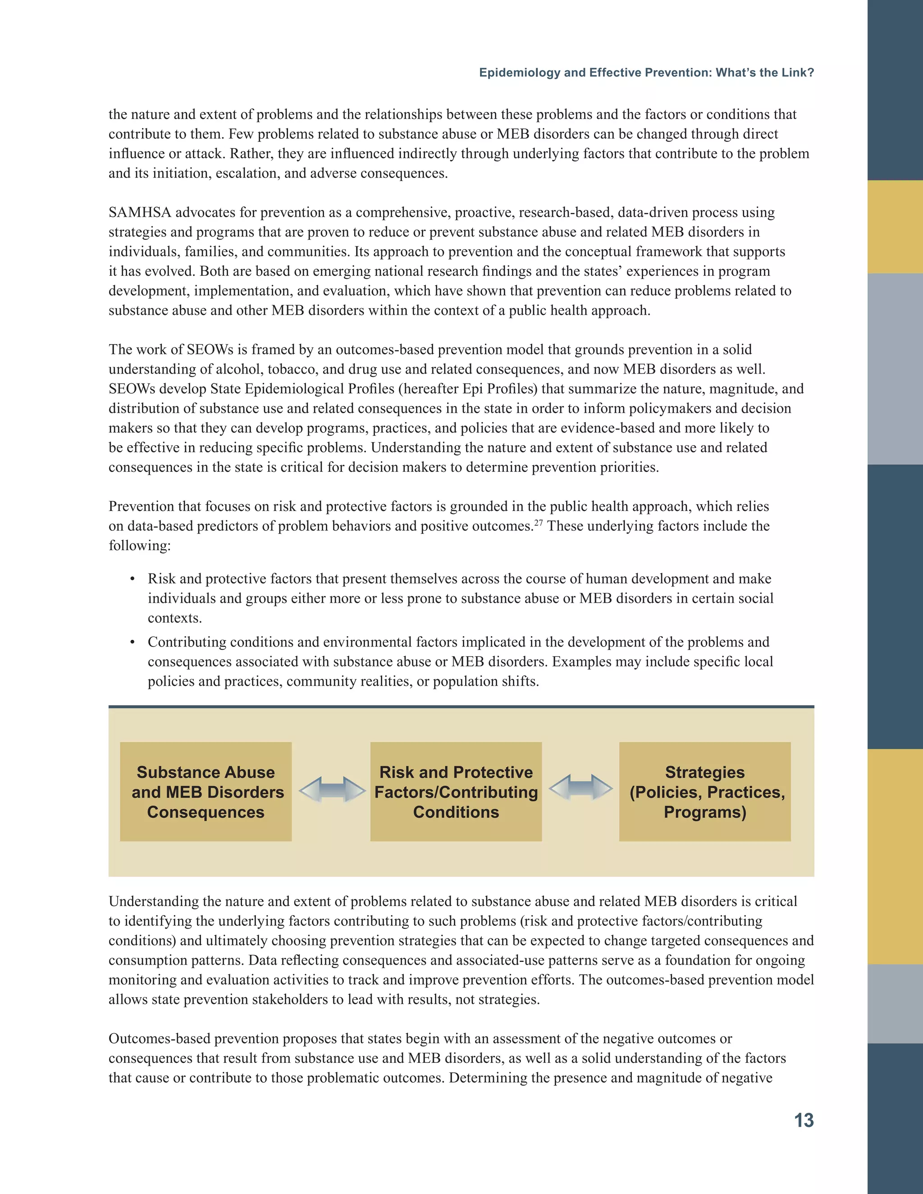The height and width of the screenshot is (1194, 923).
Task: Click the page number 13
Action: [x=803, y=1120]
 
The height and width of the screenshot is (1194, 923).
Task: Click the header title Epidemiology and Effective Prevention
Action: [x=646, y=73]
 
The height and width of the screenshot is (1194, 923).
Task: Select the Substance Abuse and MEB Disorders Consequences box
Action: [x=206, y=791]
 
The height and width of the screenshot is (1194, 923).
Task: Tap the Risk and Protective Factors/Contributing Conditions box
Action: [x=456, y=791]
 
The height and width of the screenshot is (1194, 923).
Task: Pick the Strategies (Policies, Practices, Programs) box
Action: [x=704, y=791]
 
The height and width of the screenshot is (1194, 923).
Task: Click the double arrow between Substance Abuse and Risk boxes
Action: [x=332, y=789]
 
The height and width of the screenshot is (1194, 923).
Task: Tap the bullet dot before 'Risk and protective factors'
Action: [x=133, y=579]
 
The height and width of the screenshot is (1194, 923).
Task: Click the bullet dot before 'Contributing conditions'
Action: [x=133, y=643]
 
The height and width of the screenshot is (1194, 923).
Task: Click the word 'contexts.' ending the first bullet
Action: [x=174, y=618]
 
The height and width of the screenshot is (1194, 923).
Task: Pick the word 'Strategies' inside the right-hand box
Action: [x=704, y=772]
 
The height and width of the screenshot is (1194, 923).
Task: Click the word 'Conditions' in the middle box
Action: [x=456, y=812]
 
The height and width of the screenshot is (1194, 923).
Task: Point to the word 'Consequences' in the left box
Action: [x=206, y=812]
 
